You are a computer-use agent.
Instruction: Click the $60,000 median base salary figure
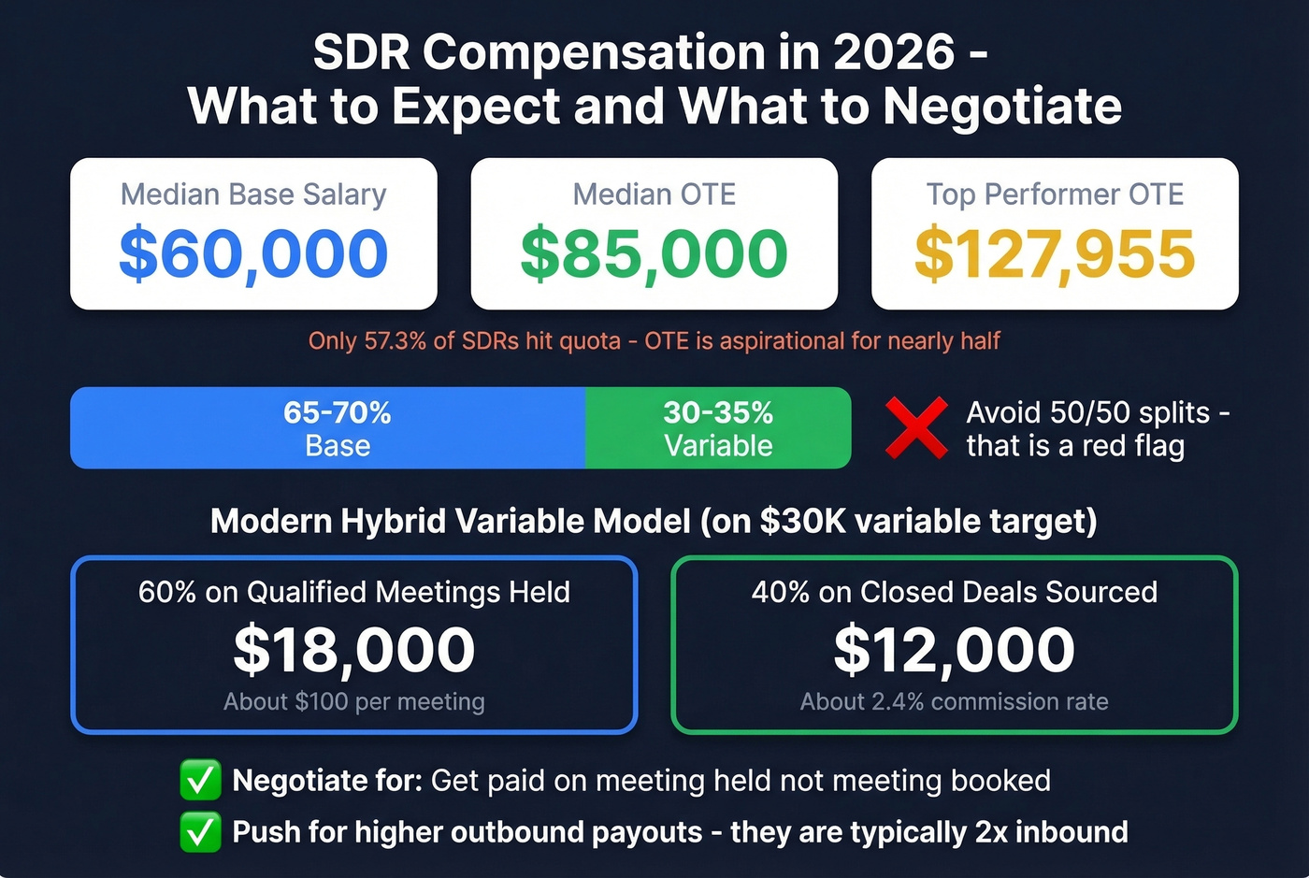pos(253,254)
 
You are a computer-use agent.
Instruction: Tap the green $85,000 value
pos(654,254)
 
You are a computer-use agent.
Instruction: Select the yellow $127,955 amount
pos(1055,254)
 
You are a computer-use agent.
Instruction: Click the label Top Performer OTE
pos(1055,194)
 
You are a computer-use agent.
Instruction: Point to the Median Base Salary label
pos(253,194)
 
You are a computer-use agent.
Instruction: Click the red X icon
pos(915,428)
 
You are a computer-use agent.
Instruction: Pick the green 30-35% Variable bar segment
pos(718,428)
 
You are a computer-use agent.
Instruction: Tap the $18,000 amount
pos(354,650)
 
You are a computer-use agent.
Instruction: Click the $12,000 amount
pos(955,650)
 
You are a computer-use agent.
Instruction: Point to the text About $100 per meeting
pos(354,701)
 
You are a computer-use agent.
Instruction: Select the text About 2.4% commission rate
pos(955,701)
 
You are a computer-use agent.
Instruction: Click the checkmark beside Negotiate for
pos(200,781)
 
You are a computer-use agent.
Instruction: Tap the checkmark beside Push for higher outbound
pos(200,832)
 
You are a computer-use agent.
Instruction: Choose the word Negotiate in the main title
pos(1002,106)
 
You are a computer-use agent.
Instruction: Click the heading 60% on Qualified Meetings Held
pos(354,592)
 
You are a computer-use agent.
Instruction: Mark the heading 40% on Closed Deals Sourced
pos(955,592)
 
